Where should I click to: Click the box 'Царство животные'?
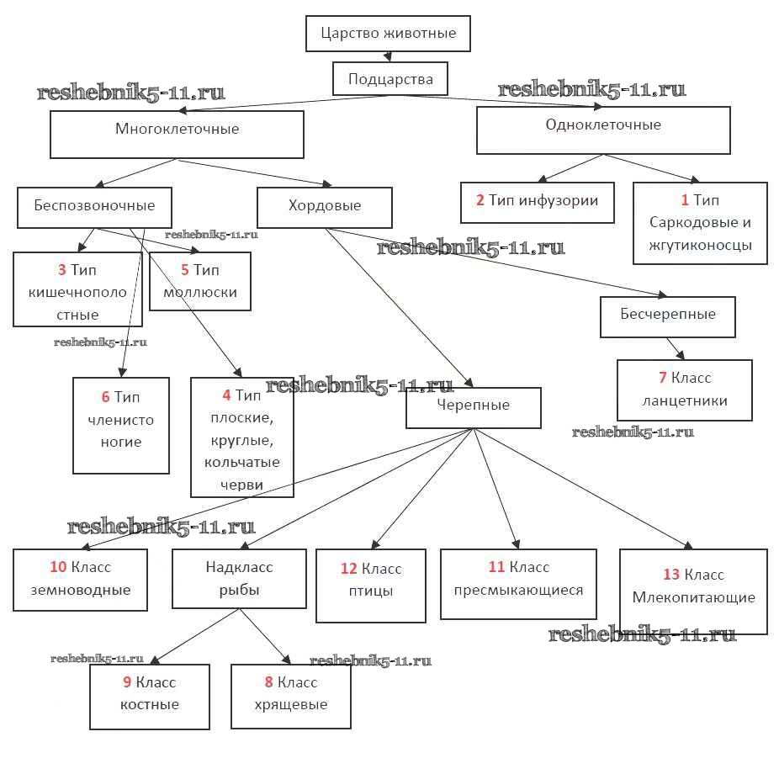388,34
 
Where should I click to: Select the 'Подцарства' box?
389,79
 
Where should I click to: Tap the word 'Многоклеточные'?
177,129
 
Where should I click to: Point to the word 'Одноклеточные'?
602,125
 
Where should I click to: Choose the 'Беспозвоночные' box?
94,205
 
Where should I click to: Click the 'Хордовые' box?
324,206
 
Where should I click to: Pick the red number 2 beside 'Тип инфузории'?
480,200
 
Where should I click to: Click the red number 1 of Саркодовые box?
685,200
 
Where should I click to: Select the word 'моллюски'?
201,293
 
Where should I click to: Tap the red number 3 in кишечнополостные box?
62,271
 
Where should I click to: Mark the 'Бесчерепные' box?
669,315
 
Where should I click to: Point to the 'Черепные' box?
473,406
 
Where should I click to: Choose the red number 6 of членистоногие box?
104,397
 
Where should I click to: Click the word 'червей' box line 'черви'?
242,485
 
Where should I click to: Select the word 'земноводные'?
81,590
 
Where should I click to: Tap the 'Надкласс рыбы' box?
239,578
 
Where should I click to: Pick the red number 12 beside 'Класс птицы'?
349,569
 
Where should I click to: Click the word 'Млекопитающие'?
693,597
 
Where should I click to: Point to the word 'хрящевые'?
290,704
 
